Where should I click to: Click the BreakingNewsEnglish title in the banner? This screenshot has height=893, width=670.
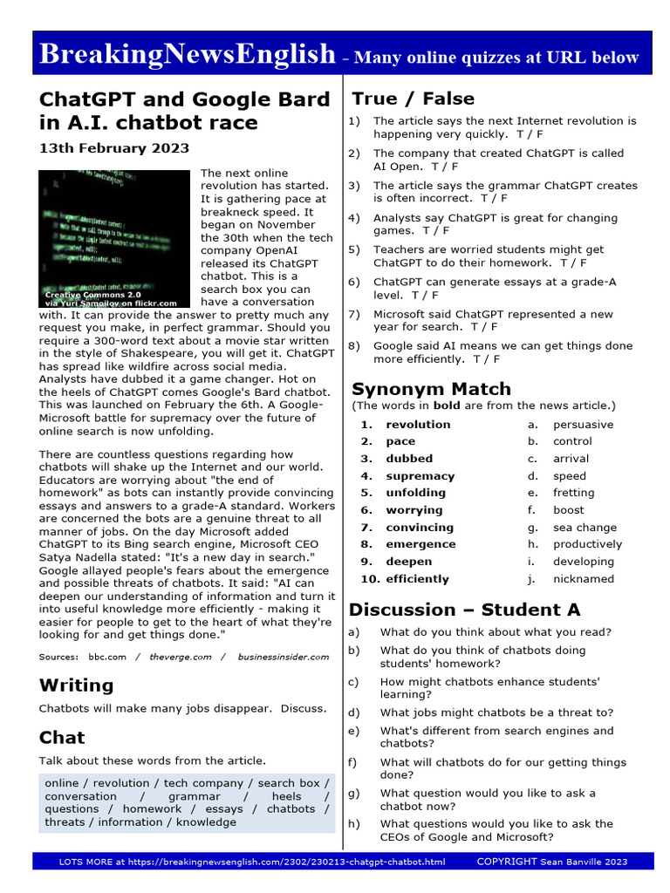click(188, 54)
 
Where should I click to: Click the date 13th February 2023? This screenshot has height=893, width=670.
click(114, 148)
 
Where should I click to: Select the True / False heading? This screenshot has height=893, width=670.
click(413, 99)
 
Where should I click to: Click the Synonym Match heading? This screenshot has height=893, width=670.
click(431, 389)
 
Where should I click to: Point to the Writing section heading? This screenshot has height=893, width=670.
click(77, 685)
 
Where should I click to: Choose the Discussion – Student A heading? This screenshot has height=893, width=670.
click(464, 610)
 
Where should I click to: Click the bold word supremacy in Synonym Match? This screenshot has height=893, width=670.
click(420, 476)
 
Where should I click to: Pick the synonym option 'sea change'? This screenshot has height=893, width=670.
click(585, 528)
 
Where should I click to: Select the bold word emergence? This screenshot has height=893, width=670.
click(420, 544)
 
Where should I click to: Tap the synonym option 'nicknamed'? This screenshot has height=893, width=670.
click(583, 579)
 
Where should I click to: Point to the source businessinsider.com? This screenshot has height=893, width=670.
click(284, 657)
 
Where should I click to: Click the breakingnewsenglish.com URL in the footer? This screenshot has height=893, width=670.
click(288, 862)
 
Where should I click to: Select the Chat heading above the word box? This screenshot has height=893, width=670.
click(62, 738)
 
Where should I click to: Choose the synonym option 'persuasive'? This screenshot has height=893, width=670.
click(583, 425)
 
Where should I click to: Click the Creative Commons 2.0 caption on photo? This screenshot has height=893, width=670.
click(92, 296)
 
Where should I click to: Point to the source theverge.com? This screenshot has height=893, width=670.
click(181, 657)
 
